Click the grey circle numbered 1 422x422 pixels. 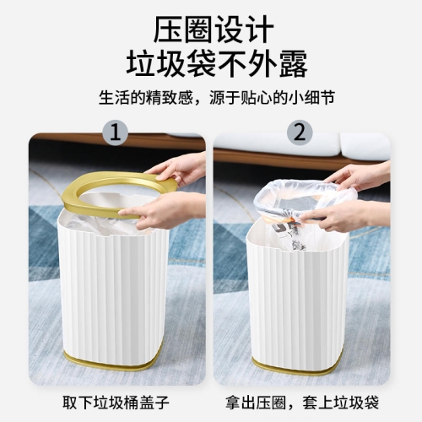(x=116, y=133)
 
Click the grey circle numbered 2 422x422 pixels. (x=300, y=133)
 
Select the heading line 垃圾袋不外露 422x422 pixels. (x=216, y=64)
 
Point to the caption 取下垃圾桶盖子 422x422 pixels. (x=116, y=403)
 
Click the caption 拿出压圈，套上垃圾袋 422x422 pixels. (x=302, y=403)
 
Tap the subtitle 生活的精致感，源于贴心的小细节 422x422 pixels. (x=217, y=97)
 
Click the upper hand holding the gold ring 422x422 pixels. (x=180, y=168)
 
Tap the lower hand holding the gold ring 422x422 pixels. (x=166, y=210)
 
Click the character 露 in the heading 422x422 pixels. (x=293, y=64)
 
